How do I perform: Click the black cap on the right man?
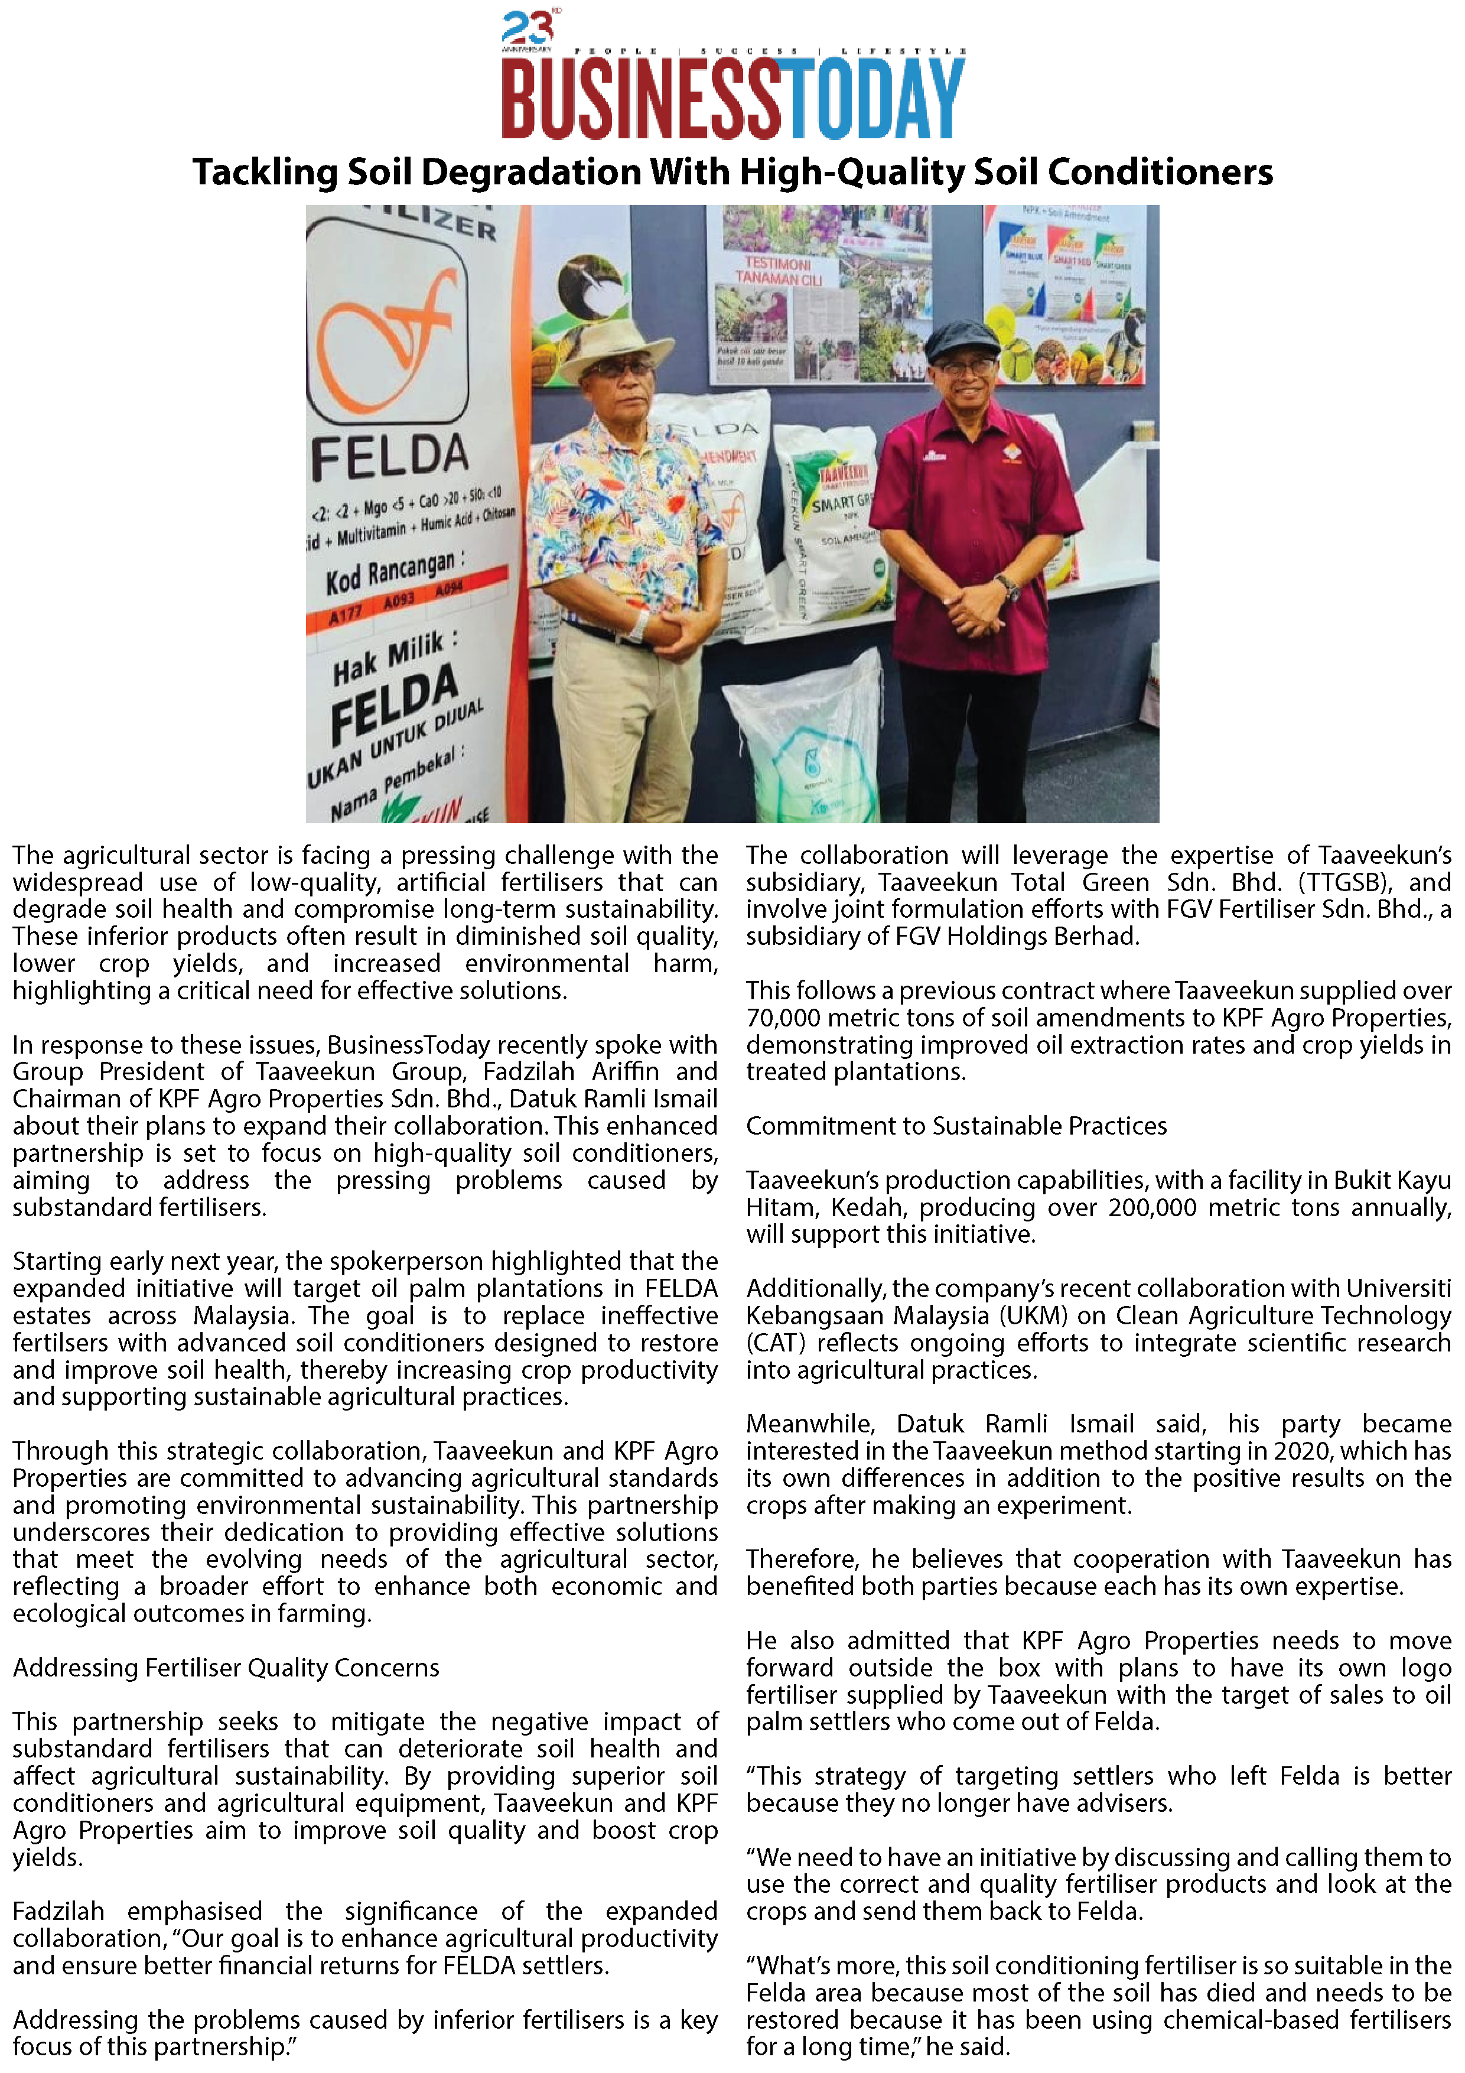[x=963, y=337]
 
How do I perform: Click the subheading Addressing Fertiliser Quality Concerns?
[x=226, y=1668]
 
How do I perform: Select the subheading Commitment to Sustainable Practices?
[x=956, y=1126]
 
